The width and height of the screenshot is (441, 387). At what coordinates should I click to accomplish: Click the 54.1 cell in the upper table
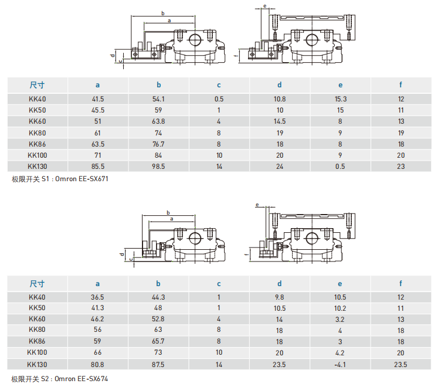point(158,99)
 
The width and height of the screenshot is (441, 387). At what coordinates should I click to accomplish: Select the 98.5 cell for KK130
point(158,167)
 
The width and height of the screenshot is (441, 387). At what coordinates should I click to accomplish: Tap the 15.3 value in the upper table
point(340,99)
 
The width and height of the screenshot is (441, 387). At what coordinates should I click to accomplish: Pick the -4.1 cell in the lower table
point(340,365)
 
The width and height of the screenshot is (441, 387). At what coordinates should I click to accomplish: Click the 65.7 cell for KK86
point(158,341)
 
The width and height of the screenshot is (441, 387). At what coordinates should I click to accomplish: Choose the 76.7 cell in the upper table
point(158,144)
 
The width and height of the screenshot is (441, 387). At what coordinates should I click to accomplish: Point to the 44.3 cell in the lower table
point(158,297)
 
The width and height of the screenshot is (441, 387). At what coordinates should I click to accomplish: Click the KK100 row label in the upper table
point(37,155)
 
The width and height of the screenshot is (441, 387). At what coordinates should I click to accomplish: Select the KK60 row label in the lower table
point(37,318)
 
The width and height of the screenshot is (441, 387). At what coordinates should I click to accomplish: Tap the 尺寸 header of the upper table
point(37,85)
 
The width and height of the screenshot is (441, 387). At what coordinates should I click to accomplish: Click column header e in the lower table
point(340,284)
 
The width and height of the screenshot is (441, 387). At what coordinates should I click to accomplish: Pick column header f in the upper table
point(401,84)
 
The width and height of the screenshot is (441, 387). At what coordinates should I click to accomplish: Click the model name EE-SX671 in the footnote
point(93,179)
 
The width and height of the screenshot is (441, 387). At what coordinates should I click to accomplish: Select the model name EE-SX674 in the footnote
point(93,379)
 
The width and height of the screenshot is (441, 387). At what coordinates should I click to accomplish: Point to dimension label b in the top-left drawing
point(163,13)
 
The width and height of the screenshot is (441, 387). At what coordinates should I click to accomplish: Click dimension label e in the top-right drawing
point(264,6)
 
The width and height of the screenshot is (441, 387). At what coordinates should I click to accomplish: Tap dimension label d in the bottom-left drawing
point(122,254)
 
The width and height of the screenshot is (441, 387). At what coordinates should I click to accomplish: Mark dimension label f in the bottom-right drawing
point(247,254)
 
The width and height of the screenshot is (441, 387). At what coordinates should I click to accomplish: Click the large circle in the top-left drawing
point(195,40)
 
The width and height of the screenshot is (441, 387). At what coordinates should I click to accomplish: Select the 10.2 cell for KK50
point(340,308)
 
